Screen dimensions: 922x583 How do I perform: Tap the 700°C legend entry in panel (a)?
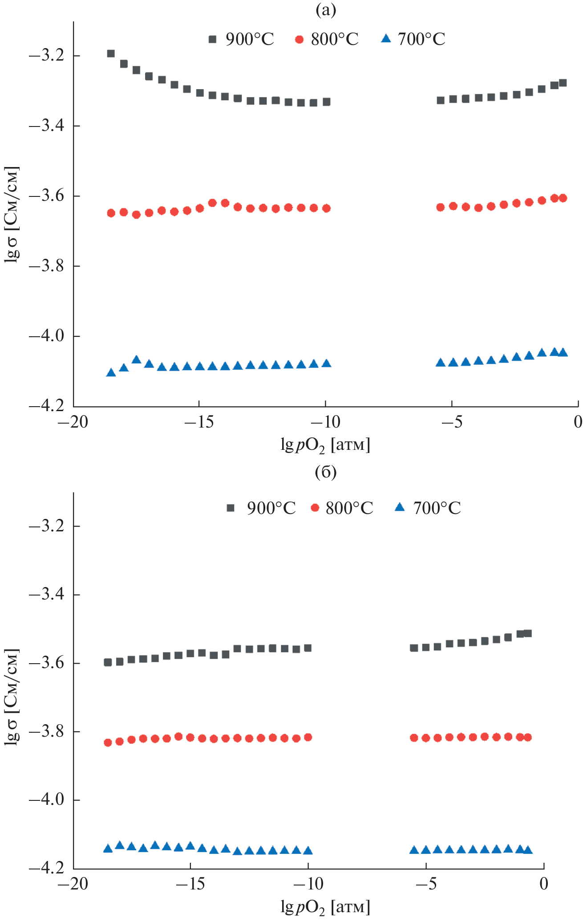pyautogui.click(x=413, y=39)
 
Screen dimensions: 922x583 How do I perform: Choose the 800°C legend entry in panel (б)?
pyautogui.click(x=342, y=508)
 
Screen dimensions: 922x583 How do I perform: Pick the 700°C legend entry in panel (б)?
pyautogui.click(x=428, y=508)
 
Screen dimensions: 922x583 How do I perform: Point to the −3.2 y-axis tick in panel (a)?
pyautogui.click(x=47, y=56)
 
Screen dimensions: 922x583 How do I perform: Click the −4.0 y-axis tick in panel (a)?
pyautogui.click(x=47, y=336)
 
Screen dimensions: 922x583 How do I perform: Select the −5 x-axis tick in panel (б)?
pyautogui.click(x=426, y=884)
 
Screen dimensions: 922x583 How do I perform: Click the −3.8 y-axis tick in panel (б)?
pyautogui.click(x=47, y=732)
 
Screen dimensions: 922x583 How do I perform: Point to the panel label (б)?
pyautogui.click(x=326, y=472)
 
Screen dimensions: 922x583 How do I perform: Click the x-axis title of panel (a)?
pyautogui.click(x=325, y=445)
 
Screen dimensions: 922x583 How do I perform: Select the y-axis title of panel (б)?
pyautogui.click(x=12, y=697)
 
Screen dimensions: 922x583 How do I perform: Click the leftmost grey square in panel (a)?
pyautogui.click(x=111, y=53)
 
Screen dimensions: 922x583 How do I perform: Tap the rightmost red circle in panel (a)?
pyautogui.click(x=563, y=198)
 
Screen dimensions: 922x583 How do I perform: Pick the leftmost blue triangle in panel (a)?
pyautogui.click(x=111, y=372)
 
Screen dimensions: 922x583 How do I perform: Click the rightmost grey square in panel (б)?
pyautogui.click(x=528, y=633)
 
